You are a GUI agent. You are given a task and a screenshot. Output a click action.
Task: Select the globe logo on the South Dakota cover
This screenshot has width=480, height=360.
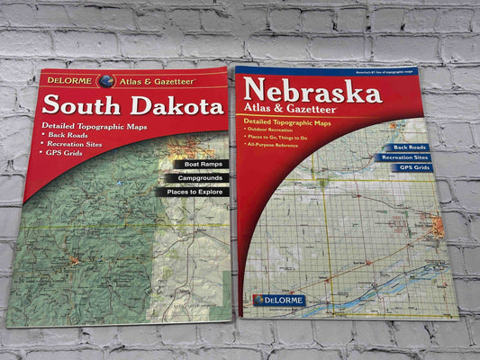tap(107, 81)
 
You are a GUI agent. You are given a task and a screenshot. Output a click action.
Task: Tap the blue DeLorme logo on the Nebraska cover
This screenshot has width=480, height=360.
tap(279, 300)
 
